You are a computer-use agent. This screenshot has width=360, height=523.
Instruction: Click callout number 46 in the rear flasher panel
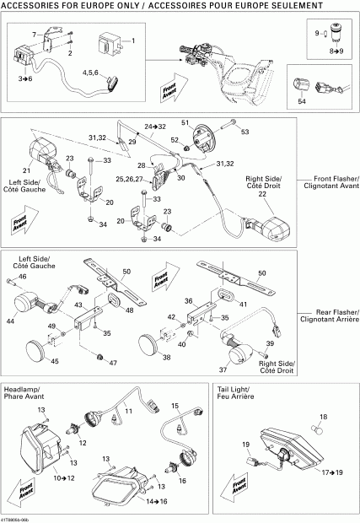(x=23, y=277)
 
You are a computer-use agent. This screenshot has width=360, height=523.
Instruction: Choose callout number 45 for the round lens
(x=55, y=362)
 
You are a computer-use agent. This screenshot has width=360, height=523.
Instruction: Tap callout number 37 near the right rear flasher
(x=223, y=369)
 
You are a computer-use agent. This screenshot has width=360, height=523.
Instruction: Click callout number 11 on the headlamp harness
(x=130, y=410)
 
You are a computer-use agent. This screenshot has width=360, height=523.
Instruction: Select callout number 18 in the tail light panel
(x=320, y=417)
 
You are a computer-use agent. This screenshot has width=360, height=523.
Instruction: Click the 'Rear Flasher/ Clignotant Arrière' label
(x=330, y=315)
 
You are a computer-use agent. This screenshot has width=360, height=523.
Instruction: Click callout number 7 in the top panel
(x=35, y=33)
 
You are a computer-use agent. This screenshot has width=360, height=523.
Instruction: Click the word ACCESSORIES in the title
(x=32, y=5)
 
